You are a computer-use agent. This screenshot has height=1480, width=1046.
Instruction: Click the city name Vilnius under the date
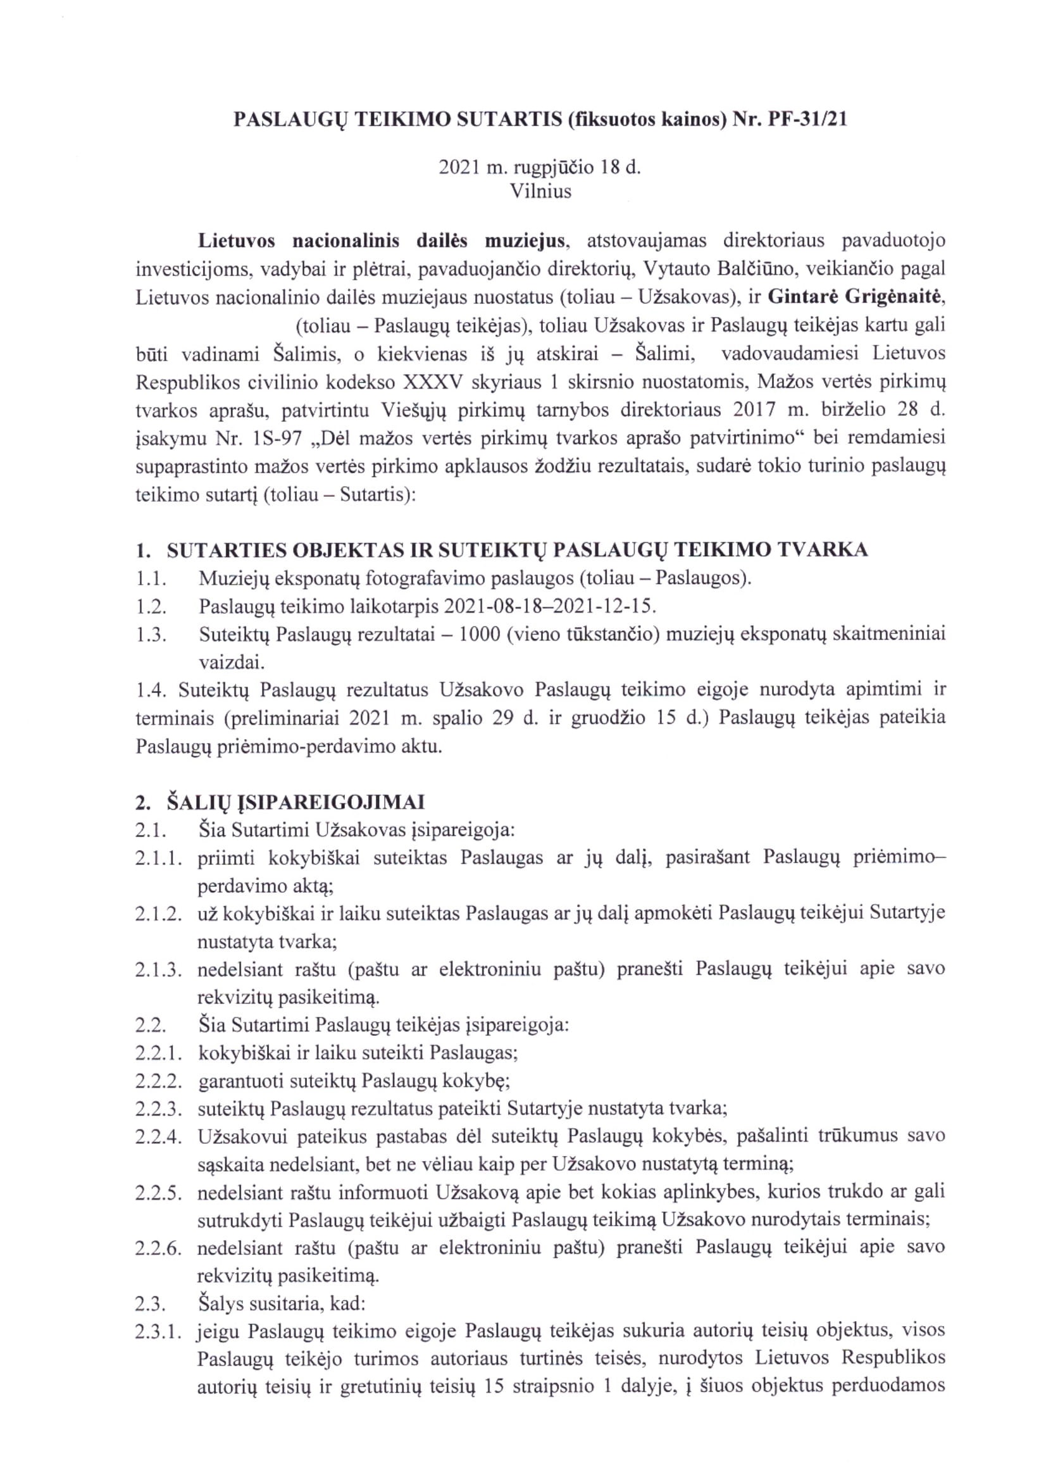[x=540, y=192]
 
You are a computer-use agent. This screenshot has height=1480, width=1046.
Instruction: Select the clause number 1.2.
[x=151, y=606]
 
